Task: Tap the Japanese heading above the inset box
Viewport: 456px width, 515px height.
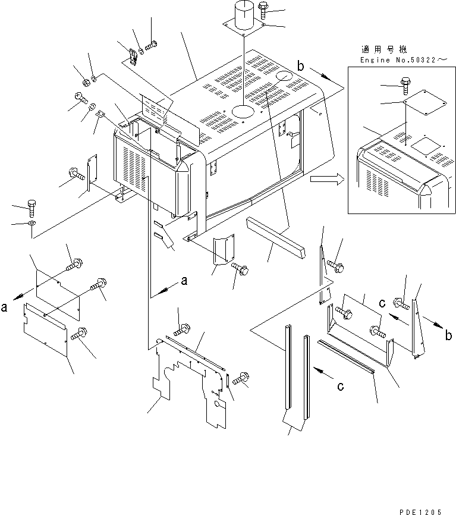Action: [x=386, y=49]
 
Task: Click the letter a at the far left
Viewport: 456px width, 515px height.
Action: [x=5, y=307]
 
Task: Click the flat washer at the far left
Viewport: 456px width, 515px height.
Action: [x=31, y=223]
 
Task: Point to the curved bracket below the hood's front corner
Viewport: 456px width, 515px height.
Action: [x=221, y=252]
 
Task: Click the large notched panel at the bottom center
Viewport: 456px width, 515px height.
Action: [x=187, y=381]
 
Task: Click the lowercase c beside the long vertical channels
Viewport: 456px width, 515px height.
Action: [x=340, y=387]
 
